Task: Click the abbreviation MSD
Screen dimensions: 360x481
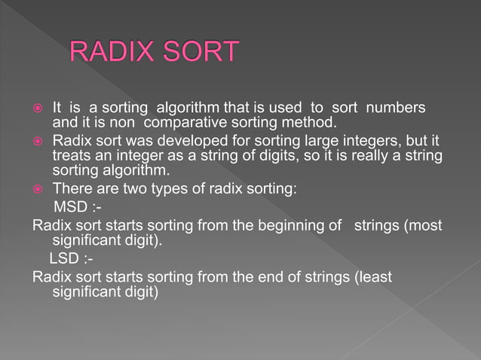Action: [70, 207]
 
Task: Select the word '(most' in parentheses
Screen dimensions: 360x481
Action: [424, 225]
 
